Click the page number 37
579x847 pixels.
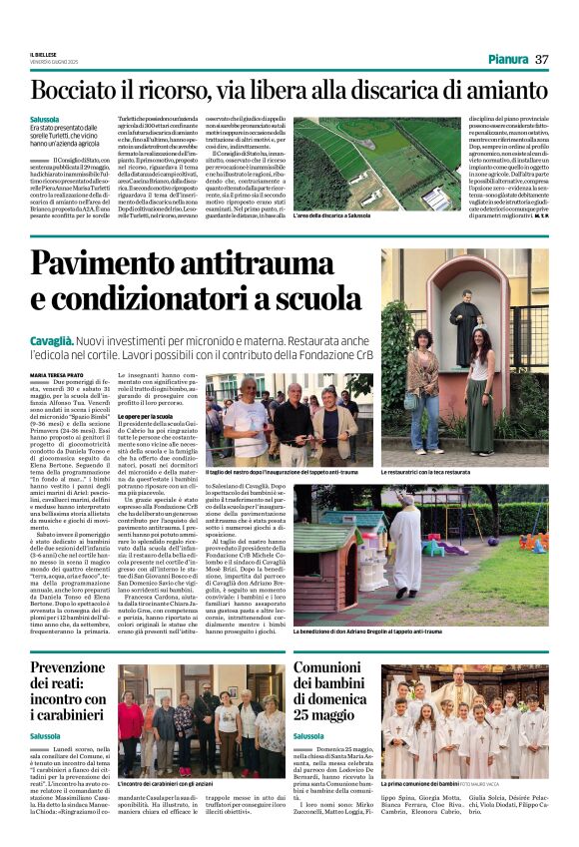tap(542, 59)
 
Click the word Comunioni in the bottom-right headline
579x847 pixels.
tap(338, 670)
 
